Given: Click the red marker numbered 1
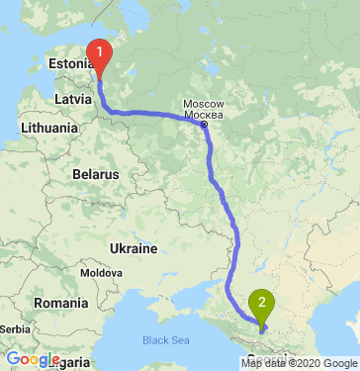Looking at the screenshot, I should coord(100,53).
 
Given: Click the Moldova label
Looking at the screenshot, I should coord(100,271).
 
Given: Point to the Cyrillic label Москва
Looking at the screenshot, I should coord(207,115).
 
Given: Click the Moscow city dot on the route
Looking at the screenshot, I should coord(204,125).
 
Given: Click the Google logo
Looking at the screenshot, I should coord(33,359).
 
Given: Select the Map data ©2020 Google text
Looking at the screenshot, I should coord(299,363).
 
